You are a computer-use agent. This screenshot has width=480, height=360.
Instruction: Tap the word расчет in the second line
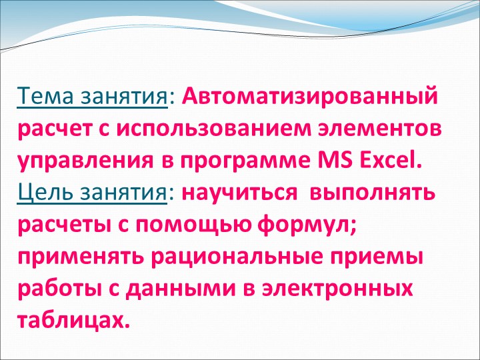(x=54, y=130)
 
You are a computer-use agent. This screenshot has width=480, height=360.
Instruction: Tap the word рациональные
(x=246, y=258)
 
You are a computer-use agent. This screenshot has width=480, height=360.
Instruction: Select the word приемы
(x=386, y=258)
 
